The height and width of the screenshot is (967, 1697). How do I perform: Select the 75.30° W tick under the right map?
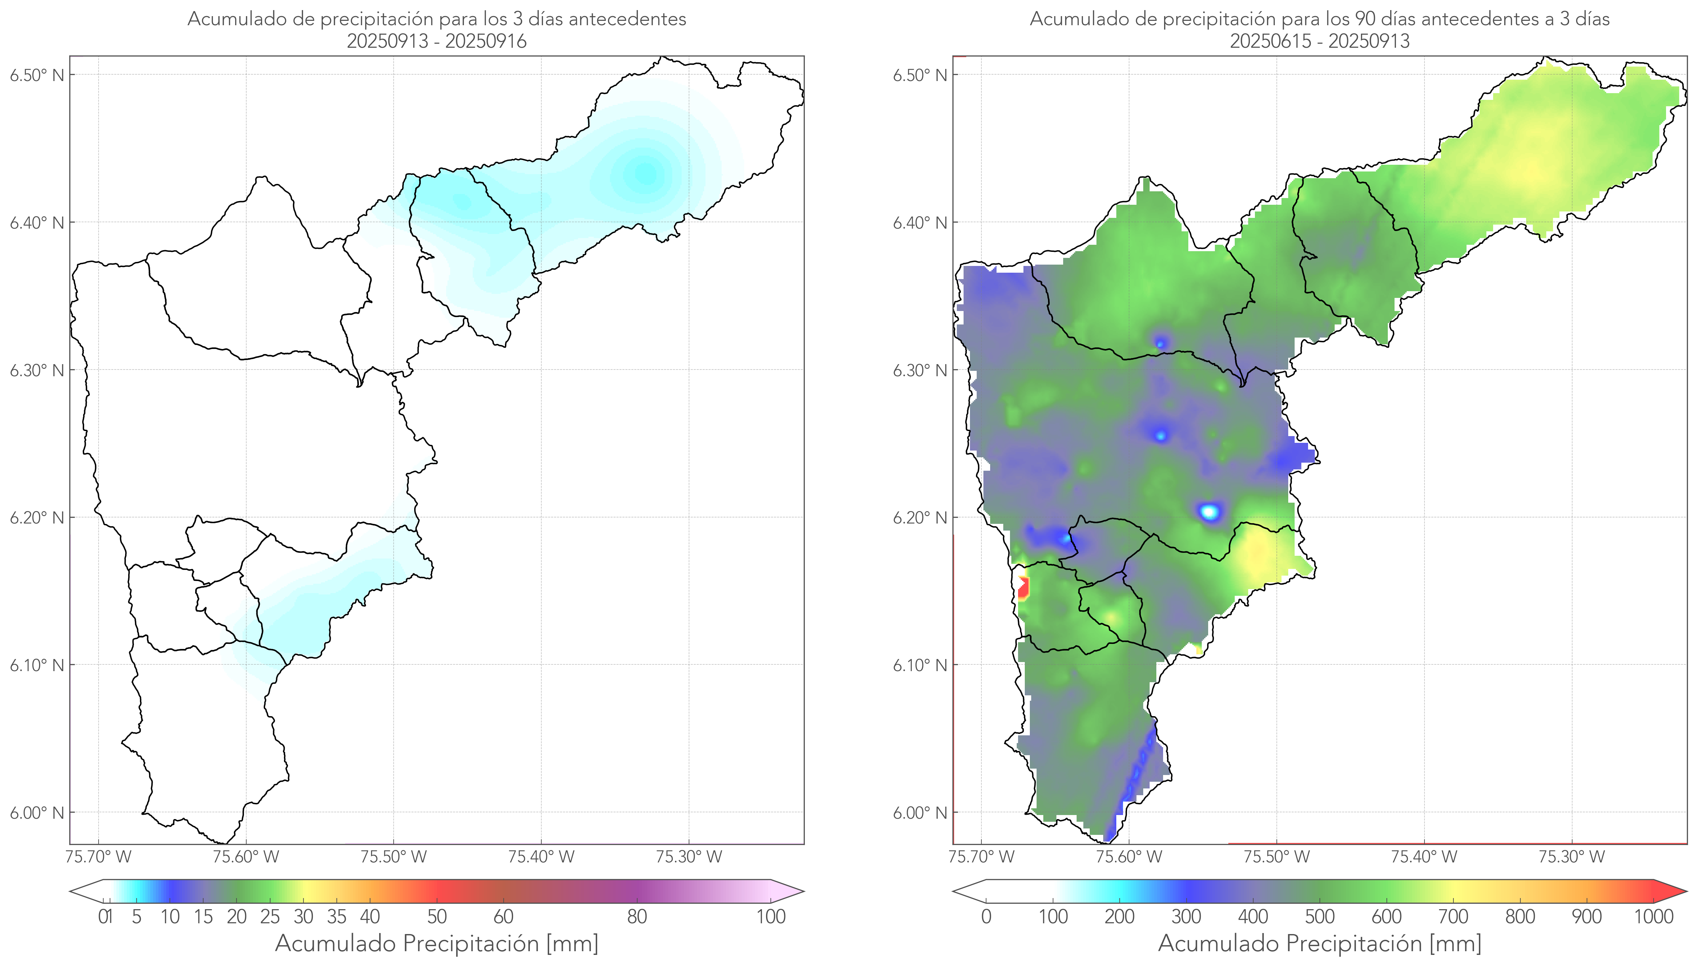pyautogui.click(x=1572, y=857)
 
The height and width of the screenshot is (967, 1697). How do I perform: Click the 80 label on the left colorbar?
pyautogui.click(x=637, y=917)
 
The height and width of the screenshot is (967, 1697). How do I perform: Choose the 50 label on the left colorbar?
pyautogui.click(x=437, y=917)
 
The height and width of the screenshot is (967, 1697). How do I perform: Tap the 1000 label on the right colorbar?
pyautogui.click(x=1653, y=917)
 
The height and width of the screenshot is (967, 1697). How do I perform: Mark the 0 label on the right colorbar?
pyautogui.click(x=986, y=917)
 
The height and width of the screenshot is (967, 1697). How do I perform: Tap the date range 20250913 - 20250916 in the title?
pyautogui.click(x=437, y=41)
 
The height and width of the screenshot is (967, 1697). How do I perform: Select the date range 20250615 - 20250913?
pyautogui.click(x=1320, y=41)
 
